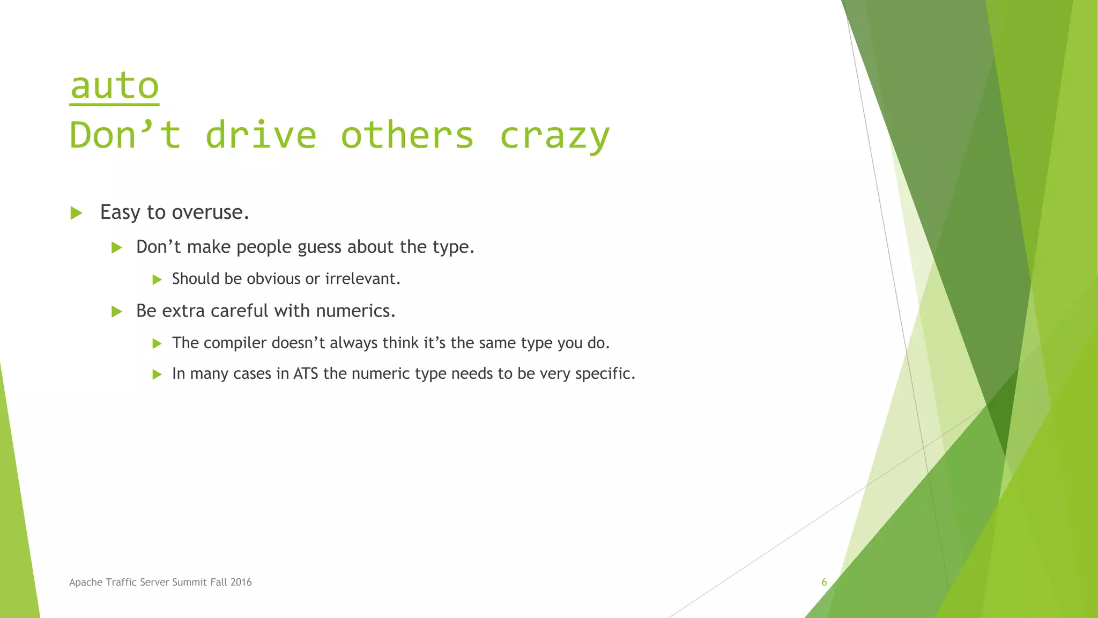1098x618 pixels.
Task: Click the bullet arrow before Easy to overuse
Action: coord(76,213)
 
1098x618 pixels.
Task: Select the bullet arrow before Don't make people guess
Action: coord(116,247)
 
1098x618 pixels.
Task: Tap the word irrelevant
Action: coord(362,279)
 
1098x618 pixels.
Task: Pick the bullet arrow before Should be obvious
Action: coord(157,279)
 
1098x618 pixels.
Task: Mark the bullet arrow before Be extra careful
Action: coord(116,312)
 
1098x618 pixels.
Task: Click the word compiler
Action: coord(235,343)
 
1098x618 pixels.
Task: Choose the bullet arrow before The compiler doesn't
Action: coord(157,343)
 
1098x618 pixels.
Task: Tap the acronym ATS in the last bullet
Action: coord(306,373)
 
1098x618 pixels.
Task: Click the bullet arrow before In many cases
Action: coord(157,374)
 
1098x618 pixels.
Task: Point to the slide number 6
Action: coord(824,583)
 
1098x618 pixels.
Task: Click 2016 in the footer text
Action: coord(241,583)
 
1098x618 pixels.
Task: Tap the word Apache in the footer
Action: coord(85,583)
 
